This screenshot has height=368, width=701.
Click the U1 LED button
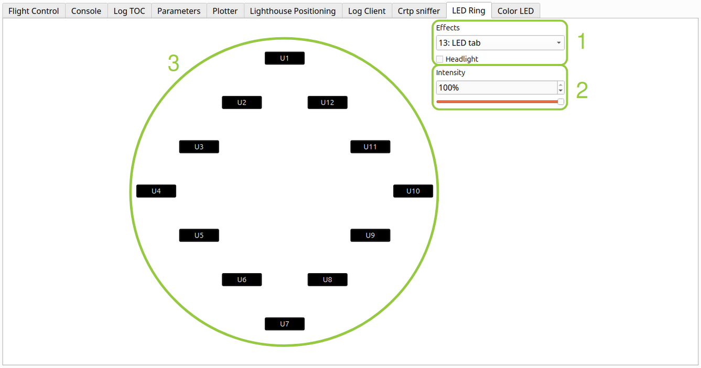click(x=285, y=58)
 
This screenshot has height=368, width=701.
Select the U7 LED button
click(x=285, y=324)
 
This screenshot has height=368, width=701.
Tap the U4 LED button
click(x=156, y=191)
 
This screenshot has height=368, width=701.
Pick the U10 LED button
click(x=413, y=191)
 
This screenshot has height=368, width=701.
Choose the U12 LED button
click(x=327, y=103)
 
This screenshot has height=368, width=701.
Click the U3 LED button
click(x=199, y=147)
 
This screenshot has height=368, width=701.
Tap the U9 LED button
click(x=370, y=235)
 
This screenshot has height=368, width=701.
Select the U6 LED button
click(x=242, y=280)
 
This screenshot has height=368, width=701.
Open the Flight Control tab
click(x=34, y=11)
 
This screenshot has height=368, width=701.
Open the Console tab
click(x=86, y=11)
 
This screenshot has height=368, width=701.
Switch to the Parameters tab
click(x=179, y=11)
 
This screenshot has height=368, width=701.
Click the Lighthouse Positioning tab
click(x=293, y=11)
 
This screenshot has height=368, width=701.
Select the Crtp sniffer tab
click(x=419, y=11)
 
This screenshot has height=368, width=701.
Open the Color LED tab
click(x=515, y=11)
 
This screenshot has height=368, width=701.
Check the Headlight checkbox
click(x=440, y=59)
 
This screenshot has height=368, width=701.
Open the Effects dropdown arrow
click(x=558, y=43)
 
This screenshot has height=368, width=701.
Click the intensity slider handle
click(x=561, y=102)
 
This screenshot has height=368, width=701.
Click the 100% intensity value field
click(x=497, y=88)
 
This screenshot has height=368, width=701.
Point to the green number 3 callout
click(x=174, y=63)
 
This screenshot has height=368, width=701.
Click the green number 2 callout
click(x=582, y=91)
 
